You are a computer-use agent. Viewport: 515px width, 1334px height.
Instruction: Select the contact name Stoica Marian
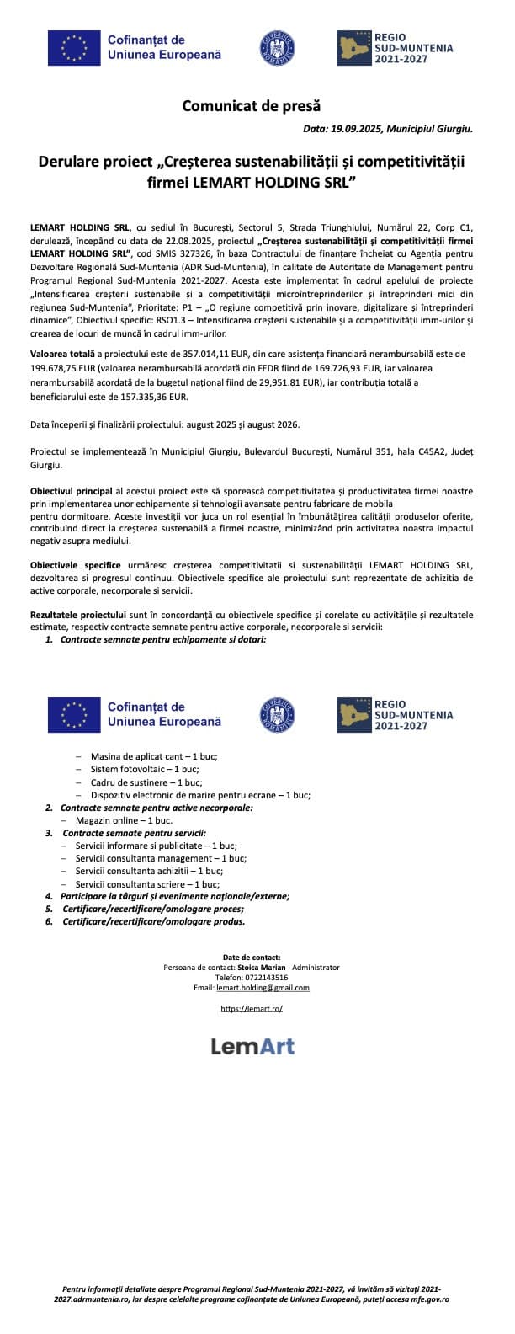tap(264, 967)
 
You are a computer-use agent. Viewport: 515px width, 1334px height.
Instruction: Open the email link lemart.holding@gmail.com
tap(263, 987)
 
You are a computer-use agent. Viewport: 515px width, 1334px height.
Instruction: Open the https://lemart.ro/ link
tap(252, 1007)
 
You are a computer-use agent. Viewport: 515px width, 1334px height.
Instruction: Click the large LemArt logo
tap(252, 1046)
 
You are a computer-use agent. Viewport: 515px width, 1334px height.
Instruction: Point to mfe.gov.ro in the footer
tap(427, 1299)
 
